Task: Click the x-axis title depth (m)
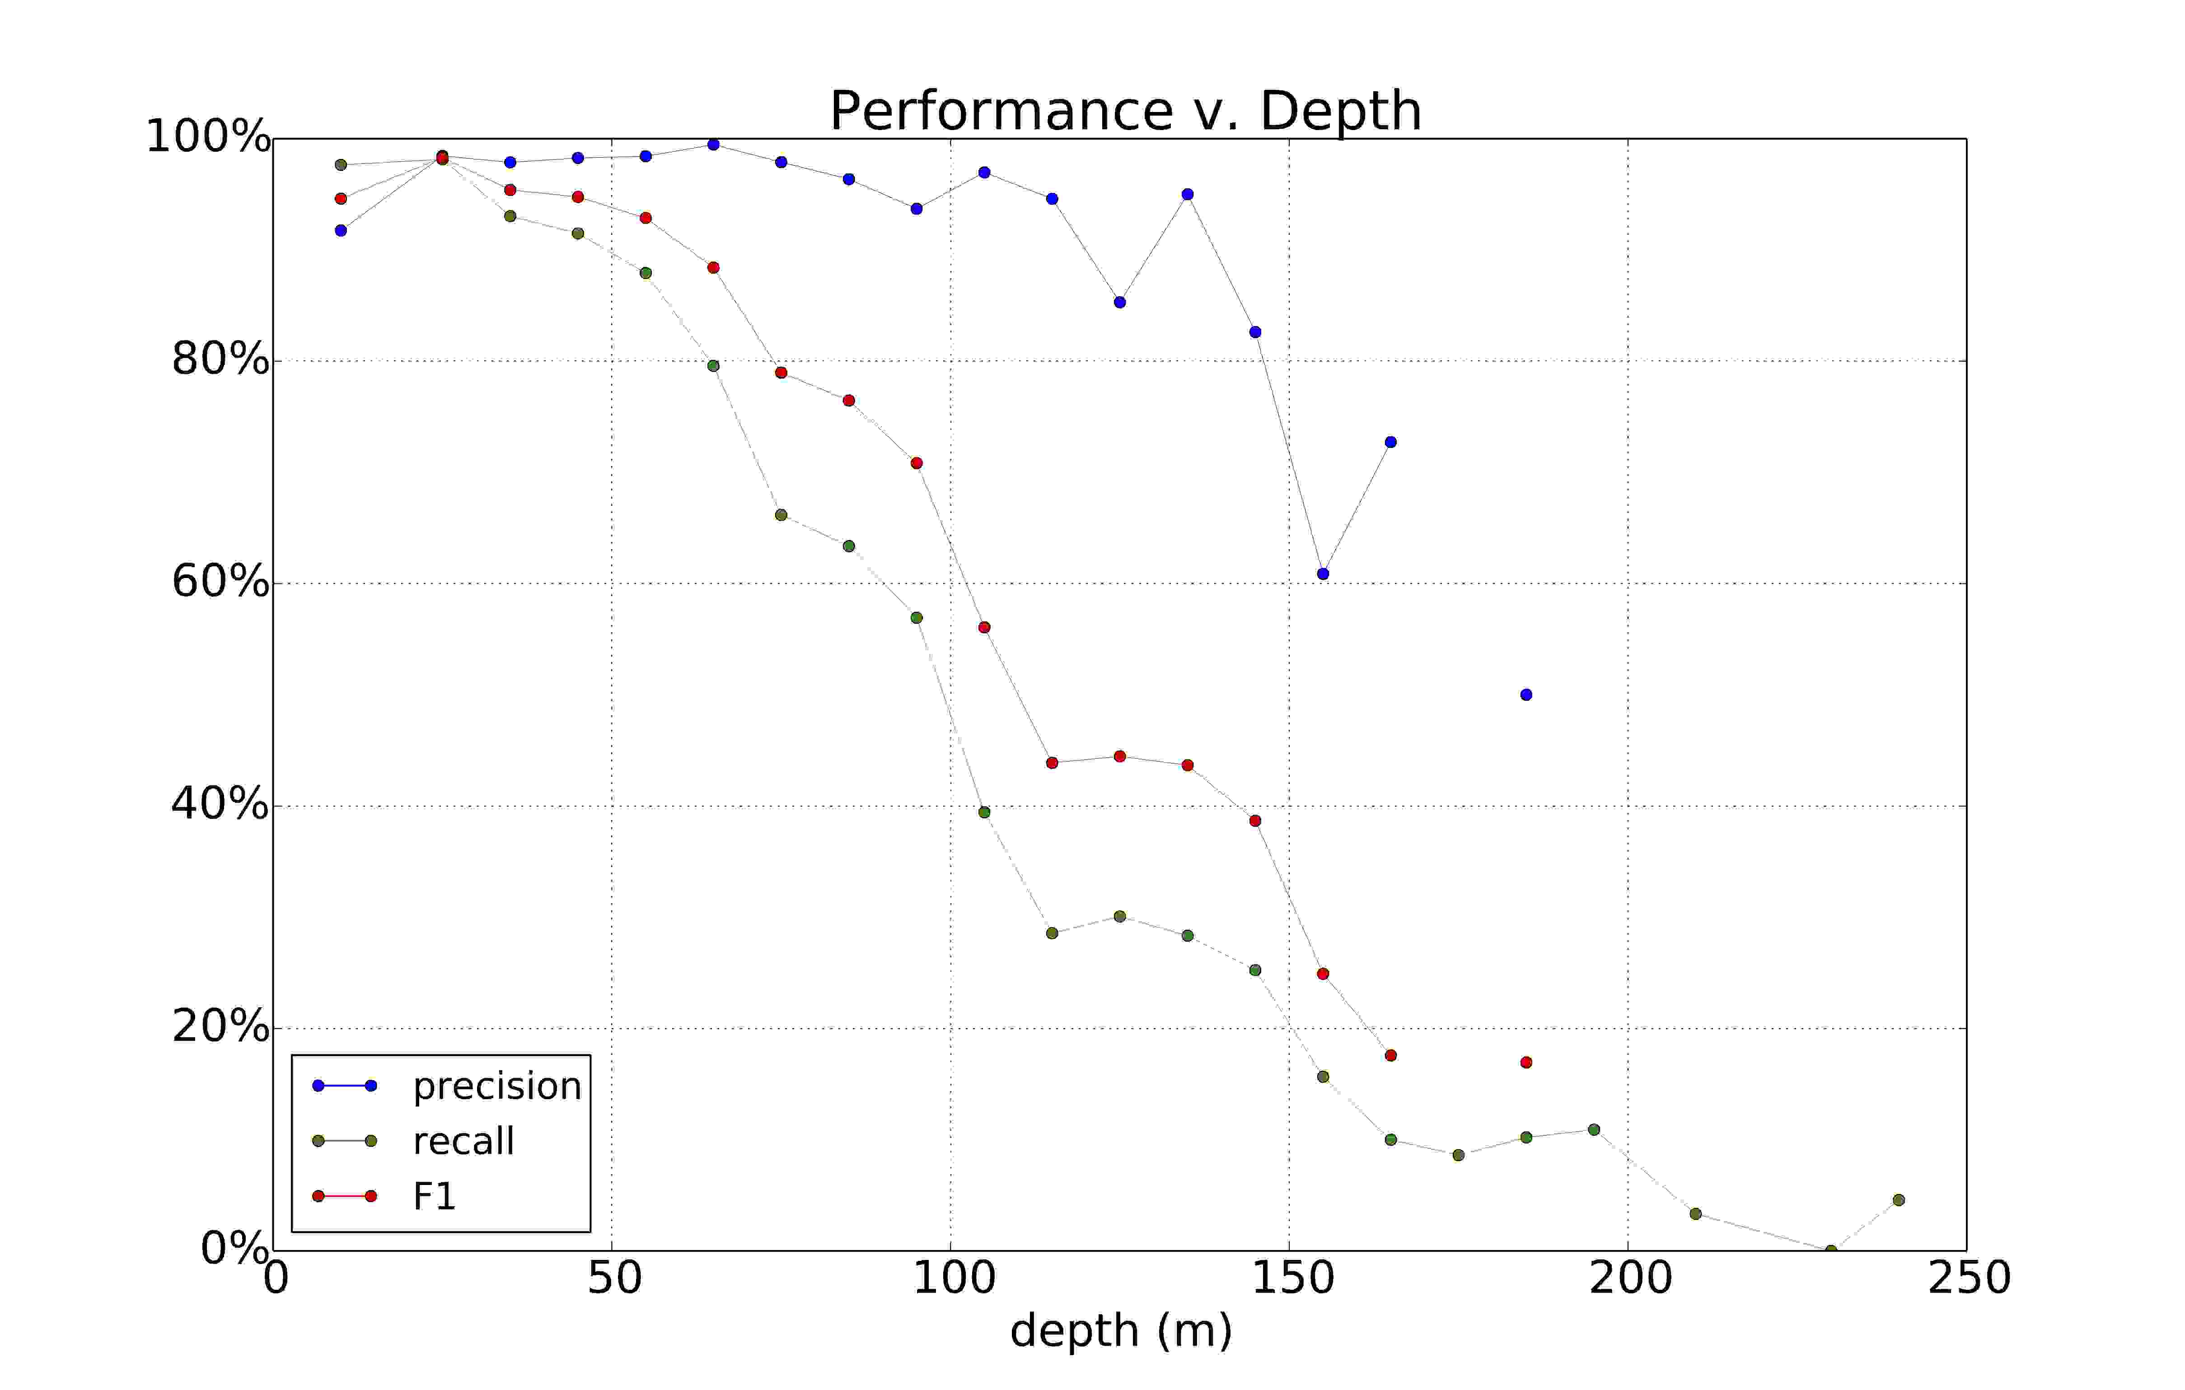tap(1121, 1331)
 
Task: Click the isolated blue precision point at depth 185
tap(1526, 695)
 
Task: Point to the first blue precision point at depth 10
tap(341, 230)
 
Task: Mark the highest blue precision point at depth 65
tap(713, 144)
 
